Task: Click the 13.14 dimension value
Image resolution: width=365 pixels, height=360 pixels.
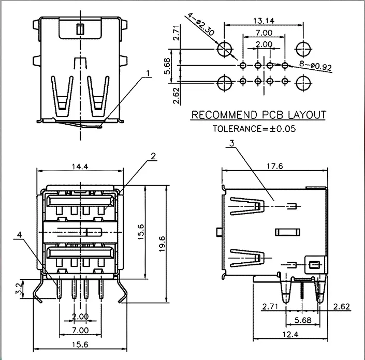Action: [x=264, y=21]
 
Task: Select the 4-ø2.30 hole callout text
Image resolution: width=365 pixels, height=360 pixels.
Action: [x=201, y=24]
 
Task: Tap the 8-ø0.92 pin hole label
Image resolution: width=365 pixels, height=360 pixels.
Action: [x=315, y=66]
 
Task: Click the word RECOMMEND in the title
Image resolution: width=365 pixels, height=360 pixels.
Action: [x=224, y=115]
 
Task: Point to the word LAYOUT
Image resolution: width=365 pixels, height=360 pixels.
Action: [x=307, y=115]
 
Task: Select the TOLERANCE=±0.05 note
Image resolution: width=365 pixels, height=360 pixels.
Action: [x=254, y=129]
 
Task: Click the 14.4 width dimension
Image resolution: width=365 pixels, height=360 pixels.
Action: [x=80, y=167]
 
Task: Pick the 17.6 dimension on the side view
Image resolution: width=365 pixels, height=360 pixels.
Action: [x=275, y=166]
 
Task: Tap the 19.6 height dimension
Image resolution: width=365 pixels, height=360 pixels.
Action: [x=162, y=244]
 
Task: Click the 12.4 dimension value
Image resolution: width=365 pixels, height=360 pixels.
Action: [x=290, y=335]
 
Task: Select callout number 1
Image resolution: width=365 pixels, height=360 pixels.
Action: [x=148, y=73]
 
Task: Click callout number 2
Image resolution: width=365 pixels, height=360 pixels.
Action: [x=153, y=156]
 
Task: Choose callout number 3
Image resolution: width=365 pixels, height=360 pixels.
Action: [x=231, y=143]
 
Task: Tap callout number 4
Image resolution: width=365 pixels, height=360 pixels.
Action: [x=20, y=235]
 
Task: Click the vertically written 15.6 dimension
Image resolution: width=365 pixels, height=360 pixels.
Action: [x=141, y=232]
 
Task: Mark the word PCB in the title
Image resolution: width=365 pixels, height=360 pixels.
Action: [x=273, y=115]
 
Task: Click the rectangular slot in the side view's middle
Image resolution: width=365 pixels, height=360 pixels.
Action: [x=287, y=232]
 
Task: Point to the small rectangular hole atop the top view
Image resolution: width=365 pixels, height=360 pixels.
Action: [x=80, y=29]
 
